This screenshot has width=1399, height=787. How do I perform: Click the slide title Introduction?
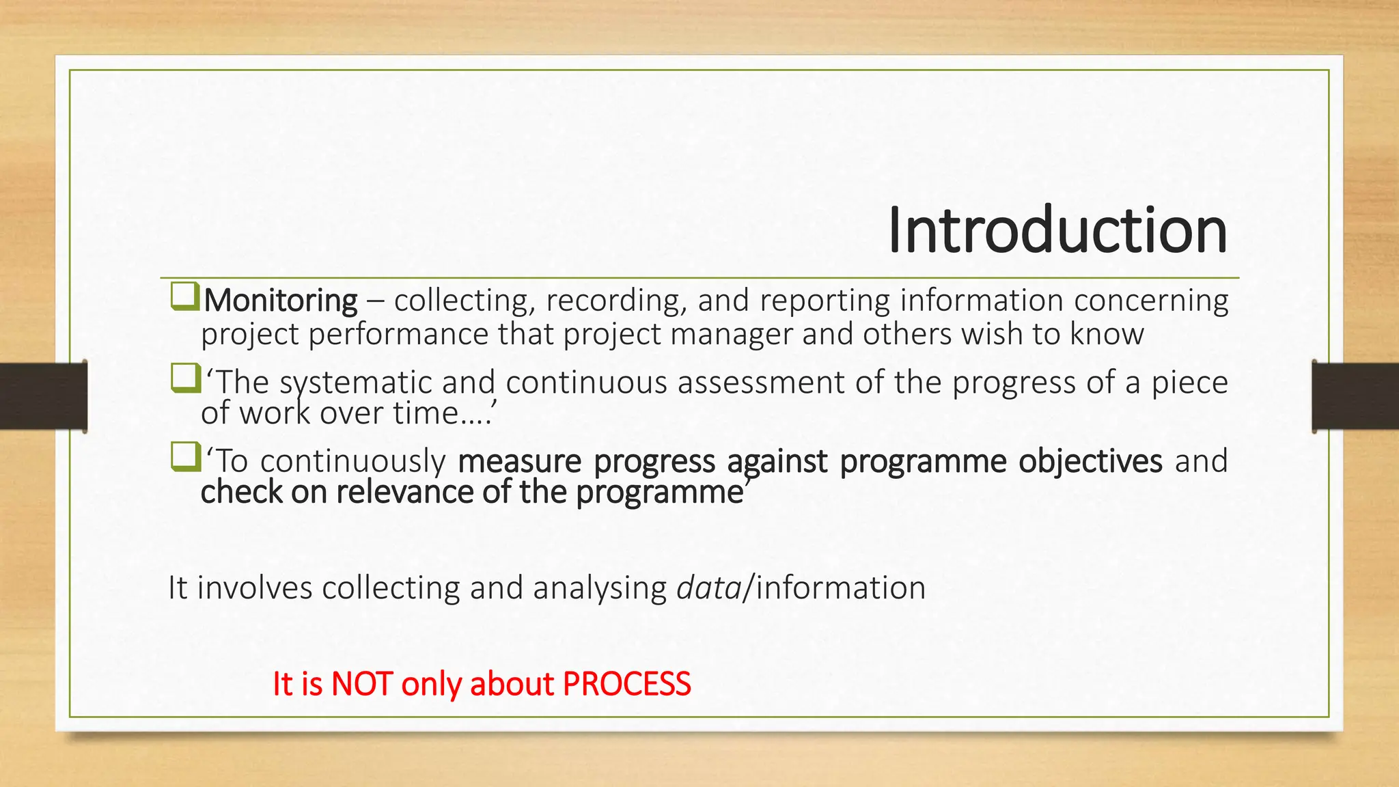[1057, 230]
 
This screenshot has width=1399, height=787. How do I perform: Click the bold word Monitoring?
[280, 301]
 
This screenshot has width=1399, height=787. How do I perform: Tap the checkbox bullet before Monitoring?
[185, 296]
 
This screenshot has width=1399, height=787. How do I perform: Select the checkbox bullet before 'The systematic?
[185, 378]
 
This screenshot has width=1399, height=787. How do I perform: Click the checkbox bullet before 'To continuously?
[185, 457]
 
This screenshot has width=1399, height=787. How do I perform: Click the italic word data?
[708, 588]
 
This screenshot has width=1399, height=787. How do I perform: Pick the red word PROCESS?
[626, 684]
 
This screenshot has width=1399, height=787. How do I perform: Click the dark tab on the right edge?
[1355, 396]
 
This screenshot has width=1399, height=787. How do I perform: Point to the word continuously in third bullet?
[352, 461]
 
